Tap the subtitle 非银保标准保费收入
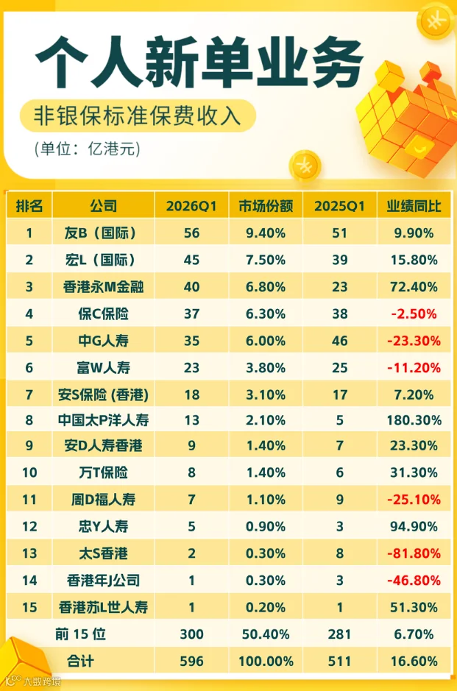[138, 116]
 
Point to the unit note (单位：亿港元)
[88, 149]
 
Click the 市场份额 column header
[266, 206]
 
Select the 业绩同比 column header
[414, 206]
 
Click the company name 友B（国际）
[100, 233]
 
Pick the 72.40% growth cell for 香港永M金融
[414, 287]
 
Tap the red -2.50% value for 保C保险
[414, 313]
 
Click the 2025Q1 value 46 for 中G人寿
[340, 341]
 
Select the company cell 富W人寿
[103, 367]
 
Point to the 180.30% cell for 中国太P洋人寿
[414, 420]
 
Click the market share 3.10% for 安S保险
[266, 394]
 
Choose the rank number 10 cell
[29, 473]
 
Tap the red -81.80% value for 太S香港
[414, 553]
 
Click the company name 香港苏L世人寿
[103, 607]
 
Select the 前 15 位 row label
[80, 634]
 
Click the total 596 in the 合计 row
[191, 661]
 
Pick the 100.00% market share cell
[266, 661]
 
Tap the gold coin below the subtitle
[305, 166]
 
